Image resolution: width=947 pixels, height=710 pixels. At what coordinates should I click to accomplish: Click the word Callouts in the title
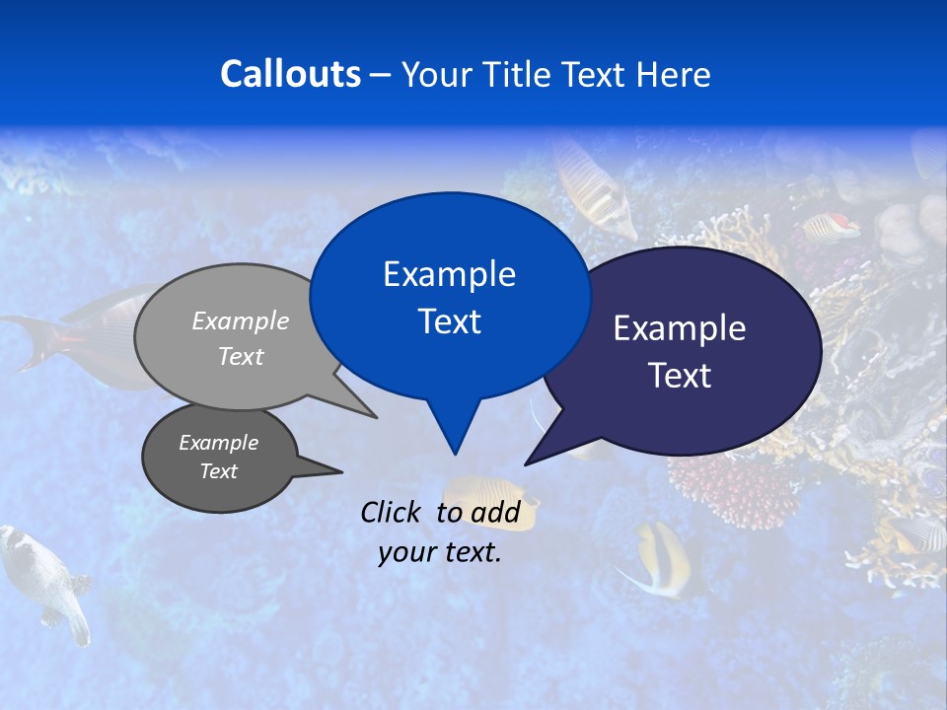pos(290,74)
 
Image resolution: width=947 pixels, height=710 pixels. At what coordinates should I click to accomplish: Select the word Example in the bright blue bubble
pos(449,274)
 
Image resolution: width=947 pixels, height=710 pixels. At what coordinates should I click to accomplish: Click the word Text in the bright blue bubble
pos(449,321)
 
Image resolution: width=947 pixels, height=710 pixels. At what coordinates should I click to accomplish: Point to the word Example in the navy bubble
pos(680,328)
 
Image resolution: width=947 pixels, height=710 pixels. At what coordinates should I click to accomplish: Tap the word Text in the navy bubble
pos(680,376)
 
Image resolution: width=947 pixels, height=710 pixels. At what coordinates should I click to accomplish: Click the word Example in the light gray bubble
pos(241,320)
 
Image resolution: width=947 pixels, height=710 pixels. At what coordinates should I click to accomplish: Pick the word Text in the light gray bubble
pos(241,356)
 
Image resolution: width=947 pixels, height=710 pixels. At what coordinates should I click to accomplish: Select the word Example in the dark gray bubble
pos(219,443)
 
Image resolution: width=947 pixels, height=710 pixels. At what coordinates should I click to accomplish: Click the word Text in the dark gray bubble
pos(219,471)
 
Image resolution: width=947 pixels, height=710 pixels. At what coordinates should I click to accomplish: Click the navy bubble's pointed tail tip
pos(526,463)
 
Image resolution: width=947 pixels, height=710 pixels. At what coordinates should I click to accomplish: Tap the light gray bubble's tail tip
pos(376,417)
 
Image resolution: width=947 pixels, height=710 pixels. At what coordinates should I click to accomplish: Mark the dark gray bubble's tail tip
pos(341,471)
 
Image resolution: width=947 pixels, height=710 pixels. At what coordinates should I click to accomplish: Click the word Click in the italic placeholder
pos(393,512)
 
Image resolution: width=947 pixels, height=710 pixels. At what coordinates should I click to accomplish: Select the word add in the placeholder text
pos(495,512)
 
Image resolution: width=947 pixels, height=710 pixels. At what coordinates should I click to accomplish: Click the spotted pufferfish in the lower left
pos(44,577)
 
